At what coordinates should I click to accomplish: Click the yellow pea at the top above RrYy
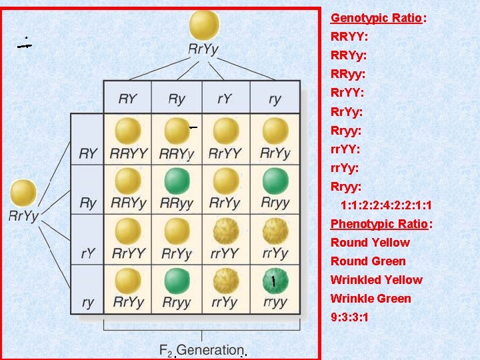click(204, 25)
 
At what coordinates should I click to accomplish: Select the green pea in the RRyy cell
click(177, 181)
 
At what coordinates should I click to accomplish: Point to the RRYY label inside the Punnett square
click(128, 153)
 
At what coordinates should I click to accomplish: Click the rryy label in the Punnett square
click(275, 302)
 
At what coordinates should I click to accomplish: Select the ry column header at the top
click(275, 99)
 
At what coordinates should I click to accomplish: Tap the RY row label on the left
click(88, 153)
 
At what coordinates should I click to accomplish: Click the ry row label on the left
click(88, 302)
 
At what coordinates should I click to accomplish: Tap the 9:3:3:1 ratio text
click(349, 317)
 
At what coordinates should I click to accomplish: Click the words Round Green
click(368, 261)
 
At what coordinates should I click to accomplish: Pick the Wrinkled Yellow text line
click(377, 280)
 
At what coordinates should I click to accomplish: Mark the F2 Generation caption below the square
click(201, 349)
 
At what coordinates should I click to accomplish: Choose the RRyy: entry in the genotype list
click(348, 75)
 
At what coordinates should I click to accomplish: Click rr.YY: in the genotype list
click(348, 149)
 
